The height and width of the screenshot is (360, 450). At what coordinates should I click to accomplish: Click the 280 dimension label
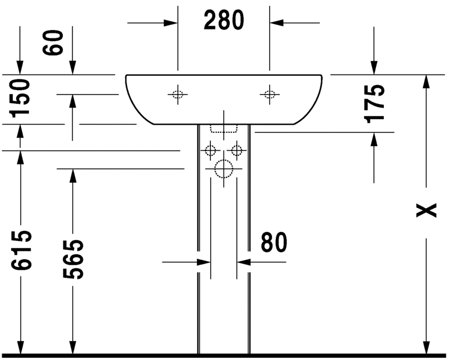pos(224,20)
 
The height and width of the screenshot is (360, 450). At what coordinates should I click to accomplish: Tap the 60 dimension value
pos(52,42)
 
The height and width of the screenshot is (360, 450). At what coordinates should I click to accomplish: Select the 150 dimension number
pos(20,98)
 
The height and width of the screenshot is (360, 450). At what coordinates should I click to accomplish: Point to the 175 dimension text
pos(374,103)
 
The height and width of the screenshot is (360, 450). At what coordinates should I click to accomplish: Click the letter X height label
pos(427,210)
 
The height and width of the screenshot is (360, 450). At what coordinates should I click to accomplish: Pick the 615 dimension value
pos(21,250)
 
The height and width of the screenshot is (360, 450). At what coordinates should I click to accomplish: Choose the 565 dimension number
pos(73,259)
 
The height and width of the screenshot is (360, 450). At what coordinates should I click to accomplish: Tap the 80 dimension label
pos(274,242)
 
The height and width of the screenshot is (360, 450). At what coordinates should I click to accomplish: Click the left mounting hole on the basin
pos(177,94)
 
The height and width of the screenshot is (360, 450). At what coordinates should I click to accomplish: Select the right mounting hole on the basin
pos(269,94)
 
